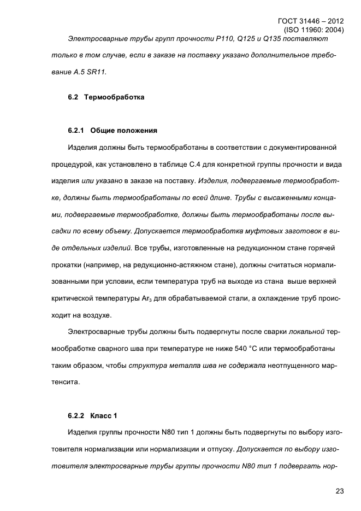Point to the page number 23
click(340, 491)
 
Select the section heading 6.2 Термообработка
click(106, 97)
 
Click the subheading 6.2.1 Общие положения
click(113, 131)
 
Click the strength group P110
click(223, 39)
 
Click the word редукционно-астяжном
click(171, 265)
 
